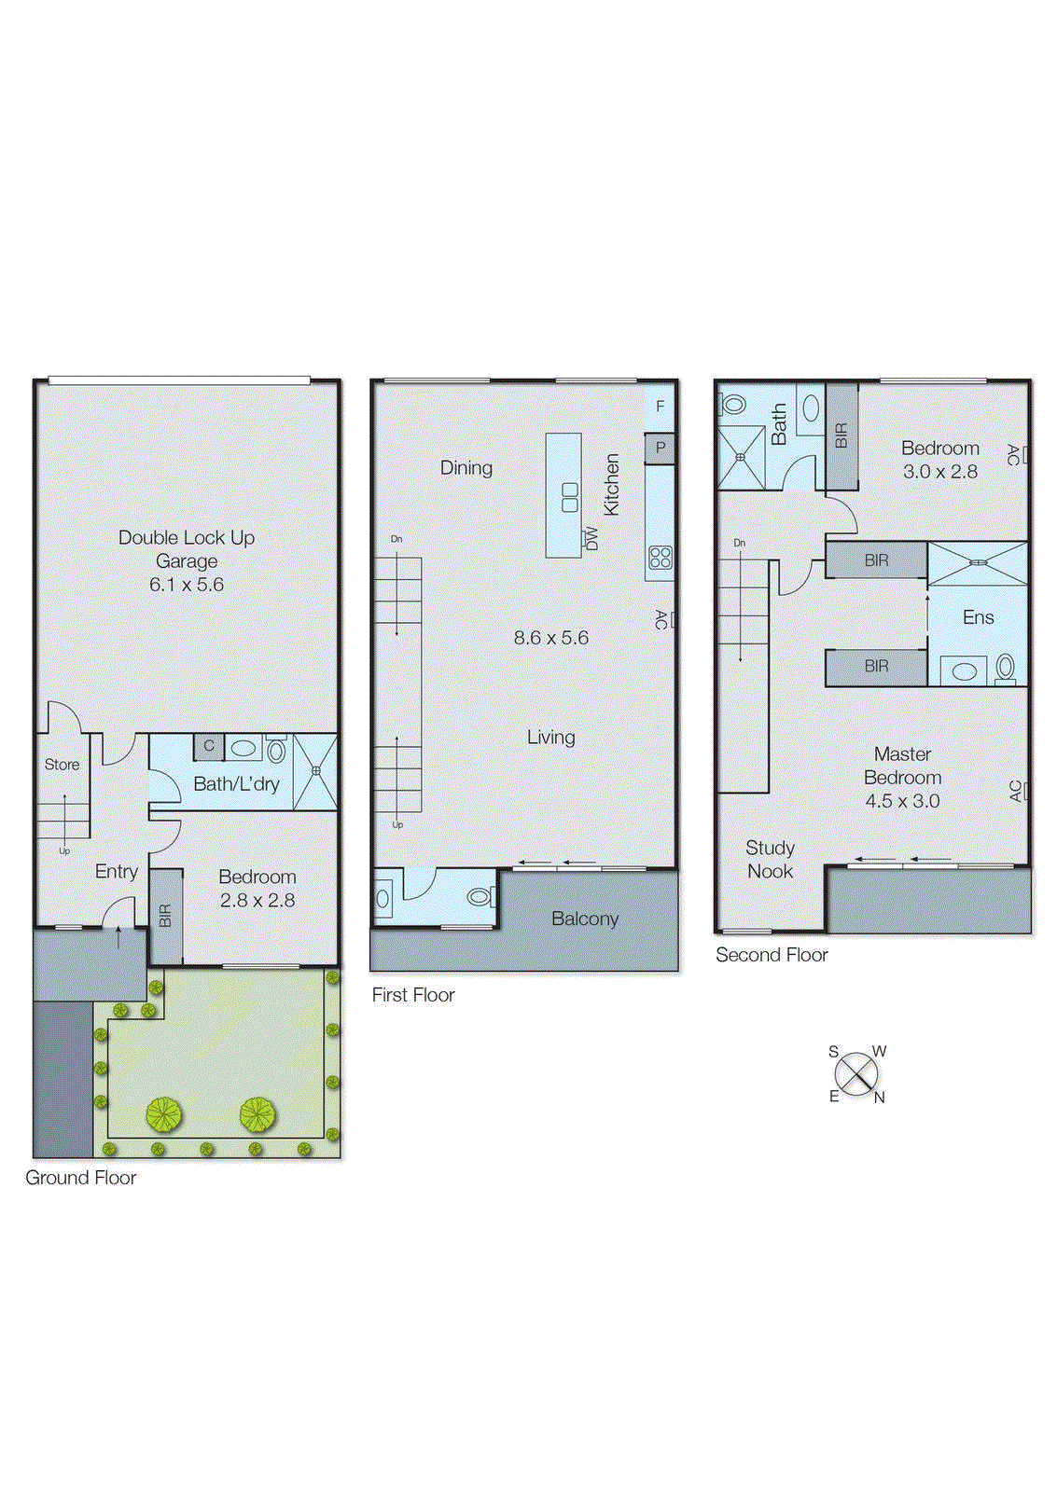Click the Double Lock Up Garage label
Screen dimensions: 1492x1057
(x=187, y=549)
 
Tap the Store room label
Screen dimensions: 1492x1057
(x=62, y=765)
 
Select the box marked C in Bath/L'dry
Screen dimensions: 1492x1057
(x=209, y=746)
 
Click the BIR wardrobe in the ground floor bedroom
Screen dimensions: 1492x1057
(x=165, y=916)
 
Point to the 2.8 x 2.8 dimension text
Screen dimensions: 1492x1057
(x=257, y=901)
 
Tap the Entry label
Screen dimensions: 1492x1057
(x=117, y=871)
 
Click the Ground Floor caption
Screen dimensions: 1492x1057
(x=81, y=1178)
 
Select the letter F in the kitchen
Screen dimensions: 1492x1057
(x=661, y=407)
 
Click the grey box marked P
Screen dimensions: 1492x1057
(x=661, y=448)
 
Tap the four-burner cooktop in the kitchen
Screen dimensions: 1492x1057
(x=661, y=558)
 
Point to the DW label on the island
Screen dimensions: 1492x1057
(x=591, y=538)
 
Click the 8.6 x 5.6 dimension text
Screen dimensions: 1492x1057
(x=550, y=638)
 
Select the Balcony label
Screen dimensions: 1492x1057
(x=585, y=919)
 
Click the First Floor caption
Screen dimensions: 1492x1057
(x=413, y=995)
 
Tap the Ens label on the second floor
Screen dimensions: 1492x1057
(x=978, y=617)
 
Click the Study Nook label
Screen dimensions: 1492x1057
(x=771, y=859)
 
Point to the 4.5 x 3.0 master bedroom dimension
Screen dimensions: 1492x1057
(x=902, y=801)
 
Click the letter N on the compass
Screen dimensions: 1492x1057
(x=879, y=1098)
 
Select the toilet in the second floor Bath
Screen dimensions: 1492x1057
(x=734, y=405)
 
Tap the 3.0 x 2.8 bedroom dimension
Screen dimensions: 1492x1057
(x=939, y=472)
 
